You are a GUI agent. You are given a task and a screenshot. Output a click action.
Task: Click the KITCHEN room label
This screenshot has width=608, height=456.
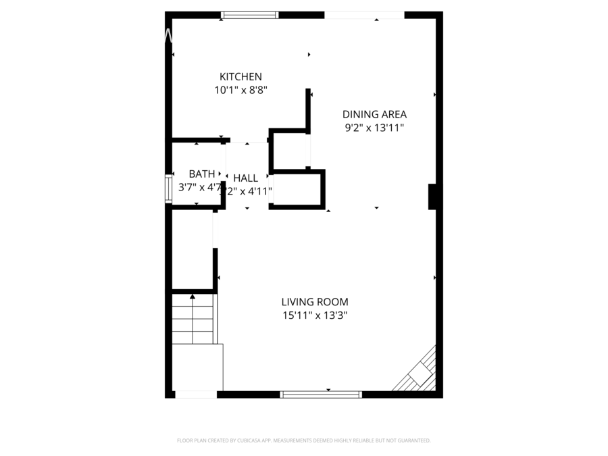coord(240,77)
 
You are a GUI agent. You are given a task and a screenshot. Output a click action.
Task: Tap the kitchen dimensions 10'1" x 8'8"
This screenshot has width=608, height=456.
coord(240,90)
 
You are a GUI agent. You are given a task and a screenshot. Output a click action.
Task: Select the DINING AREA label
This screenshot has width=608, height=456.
coord(374,114)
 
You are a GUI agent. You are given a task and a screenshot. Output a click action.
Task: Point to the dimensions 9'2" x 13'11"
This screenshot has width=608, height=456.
coord(374,128)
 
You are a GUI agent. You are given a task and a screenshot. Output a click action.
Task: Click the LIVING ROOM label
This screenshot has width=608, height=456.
coord(315,302)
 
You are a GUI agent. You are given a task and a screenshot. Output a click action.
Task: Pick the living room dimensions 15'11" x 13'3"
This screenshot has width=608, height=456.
coord(315,315)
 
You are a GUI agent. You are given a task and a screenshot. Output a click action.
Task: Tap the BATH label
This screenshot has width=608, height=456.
coord(202,174)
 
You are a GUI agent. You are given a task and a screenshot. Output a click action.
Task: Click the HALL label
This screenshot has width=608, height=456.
coord(245,178)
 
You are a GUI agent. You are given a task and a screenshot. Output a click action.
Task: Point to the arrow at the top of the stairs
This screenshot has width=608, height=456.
coord(193,296)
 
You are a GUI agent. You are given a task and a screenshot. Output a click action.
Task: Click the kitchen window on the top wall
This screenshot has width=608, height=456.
coord(250,15)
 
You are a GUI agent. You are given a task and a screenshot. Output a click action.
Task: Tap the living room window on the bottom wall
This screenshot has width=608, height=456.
coord(321,395)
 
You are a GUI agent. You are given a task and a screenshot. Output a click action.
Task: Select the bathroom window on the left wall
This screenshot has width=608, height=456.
coord(168,189)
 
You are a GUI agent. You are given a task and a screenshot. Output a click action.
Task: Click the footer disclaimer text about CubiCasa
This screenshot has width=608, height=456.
coord(303,440)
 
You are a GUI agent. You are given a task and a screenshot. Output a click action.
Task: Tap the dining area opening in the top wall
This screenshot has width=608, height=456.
coord(364,15)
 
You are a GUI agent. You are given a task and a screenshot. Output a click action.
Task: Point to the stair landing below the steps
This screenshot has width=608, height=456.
coord(197,367)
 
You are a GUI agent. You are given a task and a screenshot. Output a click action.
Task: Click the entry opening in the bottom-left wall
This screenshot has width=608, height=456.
coord(196,395)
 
